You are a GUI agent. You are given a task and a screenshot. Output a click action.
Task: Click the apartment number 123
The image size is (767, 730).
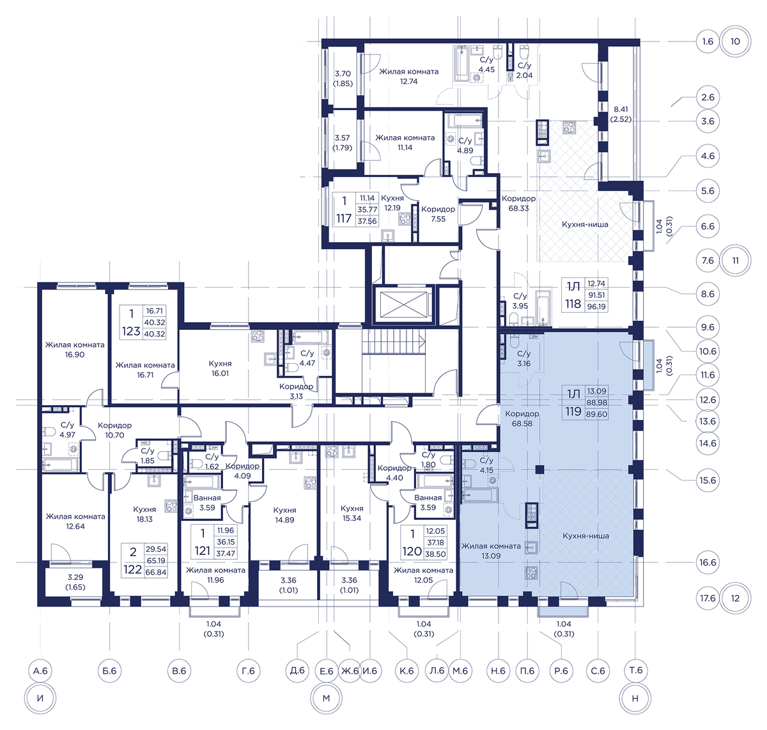pyautogui.click(x=130, y=331)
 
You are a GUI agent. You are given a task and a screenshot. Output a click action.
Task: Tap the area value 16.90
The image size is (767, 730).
pyautogui.click(x=75, y=355)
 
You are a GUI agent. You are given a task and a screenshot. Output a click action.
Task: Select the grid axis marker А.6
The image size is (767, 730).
pyautogui.click(x=40, y=671)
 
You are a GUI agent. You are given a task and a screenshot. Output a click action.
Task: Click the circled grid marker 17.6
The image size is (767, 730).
pyautogui.click(x=708, y=598)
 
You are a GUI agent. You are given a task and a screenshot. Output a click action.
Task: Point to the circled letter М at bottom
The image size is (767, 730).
pyautogui.click(x=326, y=698)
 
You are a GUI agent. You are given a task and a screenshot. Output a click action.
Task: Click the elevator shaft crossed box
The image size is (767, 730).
pyautogui.click(x=403, y=305)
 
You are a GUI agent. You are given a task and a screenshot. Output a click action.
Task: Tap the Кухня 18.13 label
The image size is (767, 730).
pyautogui.click(x=144, y=514)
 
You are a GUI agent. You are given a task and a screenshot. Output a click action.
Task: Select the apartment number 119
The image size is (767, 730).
pyautogui.click(x=573, y=411)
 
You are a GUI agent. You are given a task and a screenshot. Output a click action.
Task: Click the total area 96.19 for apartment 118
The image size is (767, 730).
pyautogui.click(x=596, y=307)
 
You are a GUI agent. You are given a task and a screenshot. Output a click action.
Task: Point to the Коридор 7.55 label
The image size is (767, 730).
pyautogui.click(x=438, y=214)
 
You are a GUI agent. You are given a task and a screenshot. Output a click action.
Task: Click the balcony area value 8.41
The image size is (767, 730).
pyautogui.click(x=621, y=109)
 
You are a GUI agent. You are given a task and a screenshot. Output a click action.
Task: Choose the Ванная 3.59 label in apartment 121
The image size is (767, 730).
pyautogui.click(x=207, y=502)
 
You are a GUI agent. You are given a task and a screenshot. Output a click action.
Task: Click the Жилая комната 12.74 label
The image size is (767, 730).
pyautogui.click(x=408, y=77)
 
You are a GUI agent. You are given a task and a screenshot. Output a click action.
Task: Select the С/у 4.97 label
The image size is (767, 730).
pyautogui.click(x=68, y=430)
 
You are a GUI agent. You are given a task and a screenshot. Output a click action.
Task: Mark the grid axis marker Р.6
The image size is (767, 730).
pyautogui.click(x=561, y=671)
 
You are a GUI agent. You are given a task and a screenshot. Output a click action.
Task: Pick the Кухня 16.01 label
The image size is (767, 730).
pyautogui.click(x=220, y=368)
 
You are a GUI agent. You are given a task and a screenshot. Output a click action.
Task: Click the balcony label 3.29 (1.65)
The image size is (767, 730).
pyautogui.click(x=75, y=582)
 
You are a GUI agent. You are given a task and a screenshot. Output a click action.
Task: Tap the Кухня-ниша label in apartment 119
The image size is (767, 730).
pyautogui.click(x=586, y=536)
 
